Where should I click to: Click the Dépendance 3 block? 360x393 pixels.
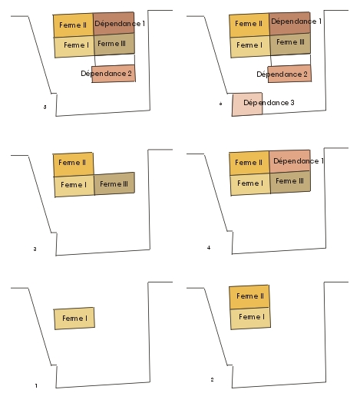[x=247, y=104]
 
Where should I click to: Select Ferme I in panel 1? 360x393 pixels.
[x=74, y=319]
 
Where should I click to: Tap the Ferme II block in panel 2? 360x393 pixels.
[x=249, y=297]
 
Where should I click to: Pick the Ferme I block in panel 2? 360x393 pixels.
[x=250, y=318]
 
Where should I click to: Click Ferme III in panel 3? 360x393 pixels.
[x=114, y=183]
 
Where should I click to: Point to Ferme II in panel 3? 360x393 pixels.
[x=73, y=164]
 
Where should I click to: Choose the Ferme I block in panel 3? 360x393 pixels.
[x=74, y=186]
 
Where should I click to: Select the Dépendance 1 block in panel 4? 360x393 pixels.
[x=289, y=161]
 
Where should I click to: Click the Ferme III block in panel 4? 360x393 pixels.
[x=290, y=182]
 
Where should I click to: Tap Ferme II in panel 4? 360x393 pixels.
[x=249, y=163]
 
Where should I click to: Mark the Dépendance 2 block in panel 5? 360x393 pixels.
[x=114, y=74]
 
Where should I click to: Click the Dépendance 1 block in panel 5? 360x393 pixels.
[x=114, y=23]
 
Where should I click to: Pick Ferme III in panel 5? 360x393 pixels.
[x=114, y=44]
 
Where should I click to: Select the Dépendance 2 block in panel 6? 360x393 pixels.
[x=289, y=74]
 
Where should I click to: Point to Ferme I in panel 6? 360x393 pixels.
[x=250, y=47]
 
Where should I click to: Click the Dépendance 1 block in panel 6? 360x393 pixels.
[x=289, y=23]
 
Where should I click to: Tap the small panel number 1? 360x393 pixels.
[x=36, y=385]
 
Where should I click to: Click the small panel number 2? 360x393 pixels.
[x=212, y=379]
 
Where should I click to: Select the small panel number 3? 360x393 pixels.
[x=35, y=249]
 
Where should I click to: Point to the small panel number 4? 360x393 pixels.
[x=209, y=248]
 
